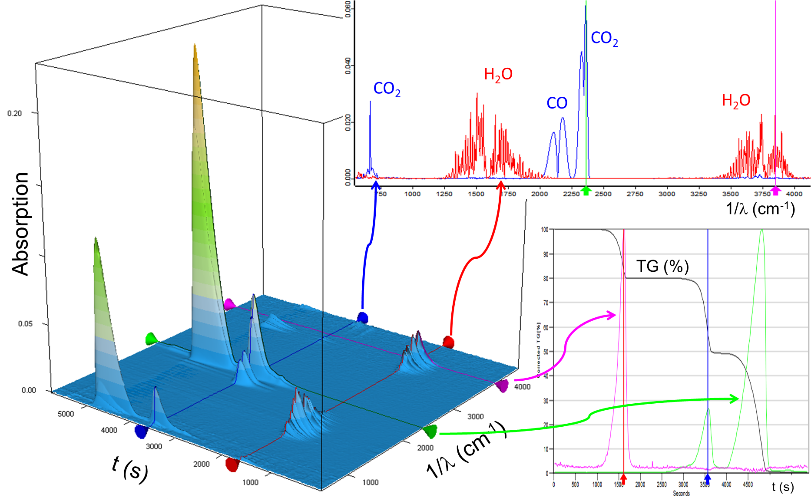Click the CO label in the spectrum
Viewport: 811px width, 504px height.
tap(557, 103)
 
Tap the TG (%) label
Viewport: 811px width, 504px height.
tap(662, 266)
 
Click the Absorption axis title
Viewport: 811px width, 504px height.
tap(20, 224)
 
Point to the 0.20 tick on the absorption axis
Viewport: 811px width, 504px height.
tap(14, 113)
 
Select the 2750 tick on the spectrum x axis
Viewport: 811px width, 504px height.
tap(635, 194)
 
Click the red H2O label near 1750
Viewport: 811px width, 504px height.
tap(498, 75)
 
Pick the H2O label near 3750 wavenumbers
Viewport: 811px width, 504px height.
tap(736, 101)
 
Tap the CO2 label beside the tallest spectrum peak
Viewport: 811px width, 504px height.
tap(604, 39)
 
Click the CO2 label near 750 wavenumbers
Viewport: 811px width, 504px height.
tap(387, 89)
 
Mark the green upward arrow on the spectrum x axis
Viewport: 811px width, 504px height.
tap(586, 191)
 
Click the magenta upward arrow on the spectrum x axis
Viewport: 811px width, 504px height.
tap(775, 191)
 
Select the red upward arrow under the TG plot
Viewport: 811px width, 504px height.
tap(624, 479)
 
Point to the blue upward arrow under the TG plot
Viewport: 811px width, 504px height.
tap(708, 479)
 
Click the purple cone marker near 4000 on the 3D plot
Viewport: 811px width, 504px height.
tap(502, 385)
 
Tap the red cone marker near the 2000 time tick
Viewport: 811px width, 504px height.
tap(232, 464)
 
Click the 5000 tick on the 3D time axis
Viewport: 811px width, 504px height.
tap(66, 414)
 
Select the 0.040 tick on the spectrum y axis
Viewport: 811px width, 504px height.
tap(348, 66)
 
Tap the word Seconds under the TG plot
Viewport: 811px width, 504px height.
tap(681, 493)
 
